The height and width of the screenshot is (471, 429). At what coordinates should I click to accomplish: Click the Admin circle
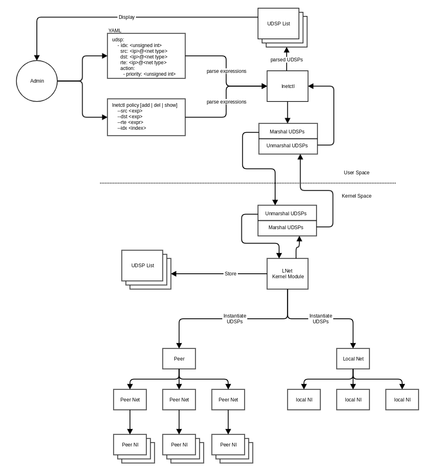coord(37,81)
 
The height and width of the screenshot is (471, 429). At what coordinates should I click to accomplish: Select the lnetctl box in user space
coord(287,86)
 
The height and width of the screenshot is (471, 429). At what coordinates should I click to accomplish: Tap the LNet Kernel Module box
coord(287,274)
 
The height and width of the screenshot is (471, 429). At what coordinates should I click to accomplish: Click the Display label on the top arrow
coord(126,17)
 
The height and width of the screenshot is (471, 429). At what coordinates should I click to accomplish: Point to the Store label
coord(230,274)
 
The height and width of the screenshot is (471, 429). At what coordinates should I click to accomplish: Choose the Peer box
coord(179,359)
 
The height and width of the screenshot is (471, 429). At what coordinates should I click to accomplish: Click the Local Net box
coord(353,359)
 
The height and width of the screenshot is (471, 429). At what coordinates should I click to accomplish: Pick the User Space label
coord(356,173)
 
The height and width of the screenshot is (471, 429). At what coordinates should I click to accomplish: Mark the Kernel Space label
coord(356,196)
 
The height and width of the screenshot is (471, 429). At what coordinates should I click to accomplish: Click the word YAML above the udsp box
coord(115,31)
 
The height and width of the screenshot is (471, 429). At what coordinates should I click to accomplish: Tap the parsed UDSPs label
coord(287,60)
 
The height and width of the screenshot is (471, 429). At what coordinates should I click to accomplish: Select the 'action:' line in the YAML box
coord(127,68)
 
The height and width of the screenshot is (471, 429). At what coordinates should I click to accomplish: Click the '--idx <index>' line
coord(131,128)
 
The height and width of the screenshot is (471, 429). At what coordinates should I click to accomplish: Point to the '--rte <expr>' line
coord(130,122)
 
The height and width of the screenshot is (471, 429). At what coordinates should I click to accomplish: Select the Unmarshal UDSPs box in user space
coord(287,146)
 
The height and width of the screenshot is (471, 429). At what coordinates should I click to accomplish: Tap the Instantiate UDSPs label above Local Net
coord(321,319)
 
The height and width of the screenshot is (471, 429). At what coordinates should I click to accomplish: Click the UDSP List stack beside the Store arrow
coord(142,266)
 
